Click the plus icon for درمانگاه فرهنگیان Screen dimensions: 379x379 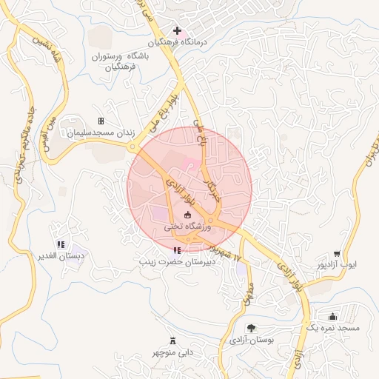tap(176, 31)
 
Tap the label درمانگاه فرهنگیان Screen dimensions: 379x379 tap(179, 43)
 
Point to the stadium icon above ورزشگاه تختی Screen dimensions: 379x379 tap(187, 215)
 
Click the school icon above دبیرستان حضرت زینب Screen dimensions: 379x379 tap(176, 250)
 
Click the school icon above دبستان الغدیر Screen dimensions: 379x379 tap(60, 244)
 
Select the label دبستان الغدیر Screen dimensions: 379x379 tap(61, 255)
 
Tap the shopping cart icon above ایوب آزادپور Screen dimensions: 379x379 tap(338, 252)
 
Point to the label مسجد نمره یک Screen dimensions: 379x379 tap(332, 328)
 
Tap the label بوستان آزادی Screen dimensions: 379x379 tap(251, 340)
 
